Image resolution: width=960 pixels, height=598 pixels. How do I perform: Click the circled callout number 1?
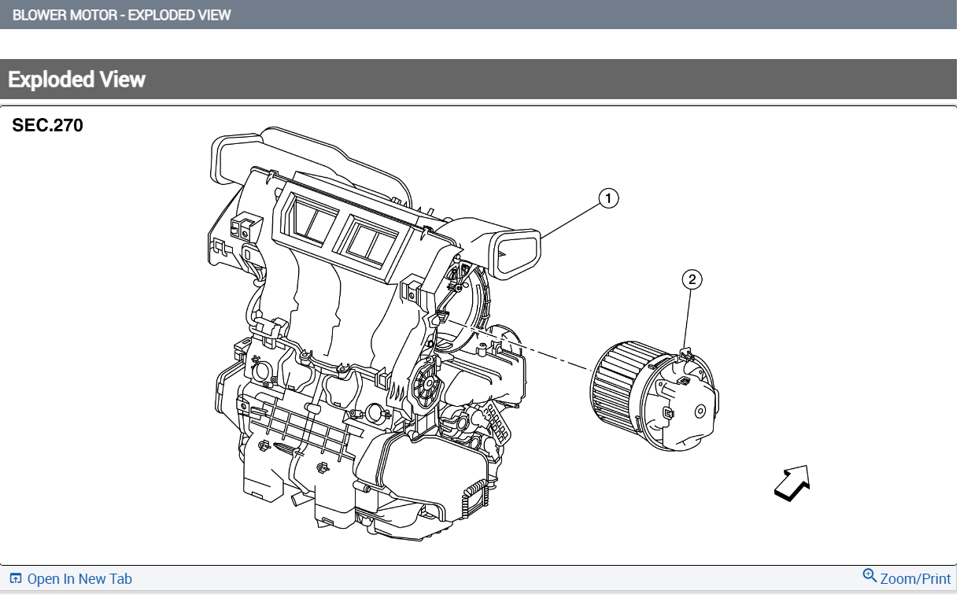coord(607,198)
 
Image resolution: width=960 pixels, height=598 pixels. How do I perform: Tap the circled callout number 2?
coord(691,279)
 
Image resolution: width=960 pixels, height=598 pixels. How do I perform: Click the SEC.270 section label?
coord(47,125)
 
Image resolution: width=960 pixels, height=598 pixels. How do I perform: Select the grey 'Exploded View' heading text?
coord(77,79)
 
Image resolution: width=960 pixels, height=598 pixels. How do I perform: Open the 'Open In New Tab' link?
coord(79,579)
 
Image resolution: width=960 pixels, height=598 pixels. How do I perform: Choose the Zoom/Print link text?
coord(915,579)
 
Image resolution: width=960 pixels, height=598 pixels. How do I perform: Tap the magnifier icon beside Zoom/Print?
coord(870,576)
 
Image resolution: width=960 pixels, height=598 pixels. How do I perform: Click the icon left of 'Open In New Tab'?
coord(15,579)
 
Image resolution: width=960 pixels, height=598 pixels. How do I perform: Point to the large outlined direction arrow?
coord(792,482)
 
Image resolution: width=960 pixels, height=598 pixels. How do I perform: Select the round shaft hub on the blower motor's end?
coord(700,411)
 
